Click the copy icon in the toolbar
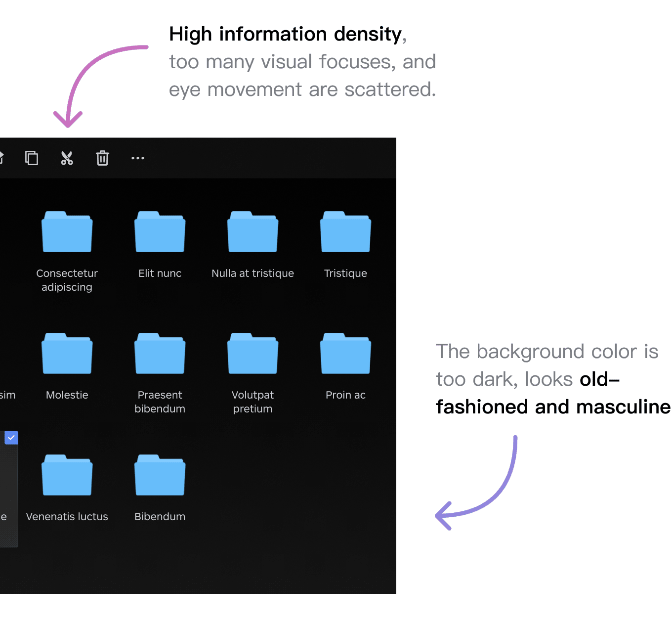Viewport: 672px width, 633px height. [32, 158]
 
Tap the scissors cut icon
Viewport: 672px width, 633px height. [67, 158]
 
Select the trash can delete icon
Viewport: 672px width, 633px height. [102, 158]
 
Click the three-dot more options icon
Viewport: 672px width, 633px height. [138, 158]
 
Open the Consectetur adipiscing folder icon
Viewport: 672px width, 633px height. [67, 231]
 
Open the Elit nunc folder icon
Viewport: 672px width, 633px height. [160, 231]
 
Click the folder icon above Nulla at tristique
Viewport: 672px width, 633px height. [253, 231]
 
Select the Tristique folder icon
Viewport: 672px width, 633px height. [345, 231]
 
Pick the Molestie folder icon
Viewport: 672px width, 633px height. [67, 353]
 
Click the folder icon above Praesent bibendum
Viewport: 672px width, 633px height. [160, 353]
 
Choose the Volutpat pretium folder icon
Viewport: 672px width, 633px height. [253, 353]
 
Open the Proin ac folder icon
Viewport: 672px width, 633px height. [345, 353]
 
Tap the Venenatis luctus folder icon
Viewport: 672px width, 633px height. [67, 474]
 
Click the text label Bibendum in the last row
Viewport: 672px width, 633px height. [160, 516]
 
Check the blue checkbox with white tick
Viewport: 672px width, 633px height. [11, 438]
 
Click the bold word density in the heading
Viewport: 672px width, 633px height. [368, 34]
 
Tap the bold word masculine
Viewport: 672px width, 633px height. [623, 407]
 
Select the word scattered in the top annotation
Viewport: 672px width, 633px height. [390, 90]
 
